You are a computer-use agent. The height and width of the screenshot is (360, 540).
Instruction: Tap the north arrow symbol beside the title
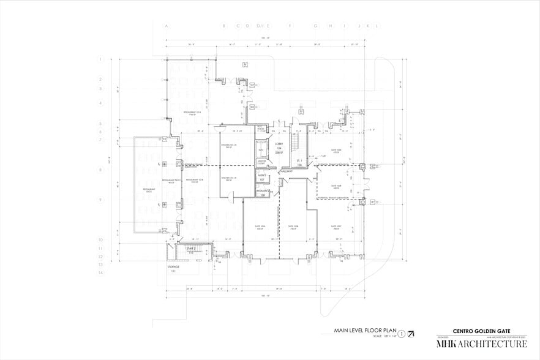click(410, 334)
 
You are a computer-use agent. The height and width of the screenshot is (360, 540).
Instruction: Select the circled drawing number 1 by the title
click(401, 334)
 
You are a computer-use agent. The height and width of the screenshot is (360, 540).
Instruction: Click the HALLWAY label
click(287, 171)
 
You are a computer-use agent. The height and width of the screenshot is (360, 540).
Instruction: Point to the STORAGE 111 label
click(174, 269)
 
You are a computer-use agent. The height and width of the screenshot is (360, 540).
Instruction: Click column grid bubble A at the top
click(166, 26)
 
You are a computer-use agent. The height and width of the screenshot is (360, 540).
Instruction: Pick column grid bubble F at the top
click(290, 26)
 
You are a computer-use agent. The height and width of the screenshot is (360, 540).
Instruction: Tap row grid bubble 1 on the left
click(100, 59)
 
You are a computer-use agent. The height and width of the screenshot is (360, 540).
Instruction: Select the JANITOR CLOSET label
click(261, 163)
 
